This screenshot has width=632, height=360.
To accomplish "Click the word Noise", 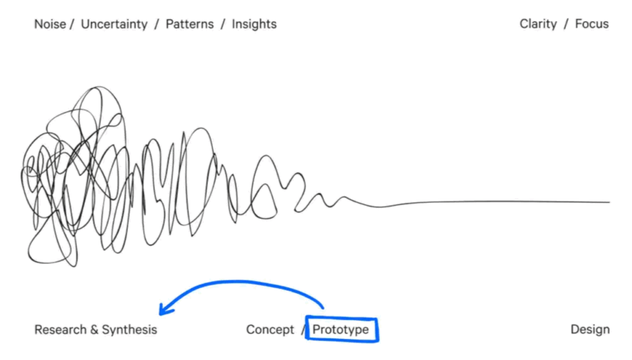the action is (50, 24).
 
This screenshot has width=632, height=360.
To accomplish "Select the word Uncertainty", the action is (114, 25).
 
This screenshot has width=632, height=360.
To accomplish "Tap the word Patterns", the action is (189, 24).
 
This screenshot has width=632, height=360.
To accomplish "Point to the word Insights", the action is (254, 25).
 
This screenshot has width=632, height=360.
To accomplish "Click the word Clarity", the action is (538, 24).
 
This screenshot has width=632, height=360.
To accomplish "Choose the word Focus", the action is (592, 24).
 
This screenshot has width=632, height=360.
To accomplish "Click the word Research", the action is (60, 330).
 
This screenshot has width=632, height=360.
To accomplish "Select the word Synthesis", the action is (130, 330).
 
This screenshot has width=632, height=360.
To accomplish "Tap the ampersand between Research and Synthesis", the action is (94, 330).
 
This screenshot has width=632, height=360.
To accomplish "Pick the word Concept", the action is (270, 330).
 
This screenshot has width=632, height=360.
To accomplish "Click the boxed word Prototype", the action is (341, 330).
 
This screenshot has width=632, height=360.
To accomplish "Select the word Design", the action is (590, 330).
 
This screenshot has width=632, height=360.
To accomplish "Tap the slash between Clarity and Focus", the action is (566, 25).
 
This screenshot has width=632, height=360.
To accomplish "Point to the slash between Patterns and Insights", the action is (222, 25).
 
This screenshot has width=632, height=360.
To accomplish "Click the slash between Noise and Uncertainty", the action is (72, 25).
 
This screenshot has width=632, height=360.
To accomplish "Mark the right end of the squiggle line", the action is (609, 203).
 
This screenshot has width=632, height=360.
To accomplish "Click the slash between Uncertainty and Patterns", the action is (156, 25).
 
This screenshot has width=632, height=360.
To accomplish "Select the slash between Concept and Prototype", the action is (303, 330).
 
